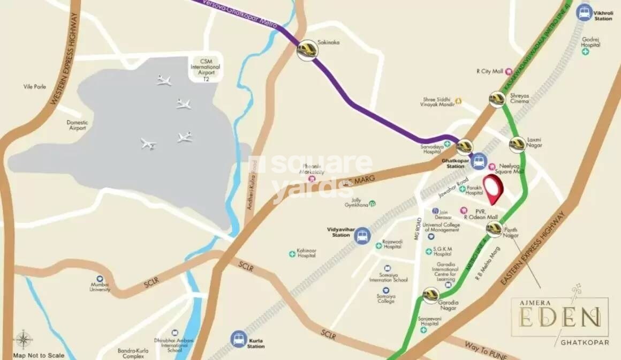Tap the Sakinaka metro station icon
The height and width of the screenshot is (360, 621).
[308, 50]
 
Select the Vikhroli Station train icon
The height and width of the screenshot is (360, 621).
[585, 12]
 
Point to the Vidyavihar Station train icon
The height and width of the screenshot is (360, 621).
[362, 236]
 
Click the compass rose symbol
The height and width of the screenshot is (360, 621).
[22, 340]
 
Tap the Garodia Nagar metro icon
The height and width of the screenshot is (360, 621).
[431, 295]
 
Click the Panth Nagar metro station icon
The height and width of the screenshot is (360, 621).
[494, 229]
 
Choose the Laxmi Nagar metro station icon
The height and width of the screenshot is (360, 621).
[517, 144]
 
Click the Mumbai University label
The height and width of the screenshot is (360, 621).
[100, 287]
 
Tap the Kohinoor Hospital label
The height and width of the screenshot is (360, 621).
[307, 253]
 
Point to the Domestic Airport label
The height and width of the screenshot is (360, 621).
[77, 125]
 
